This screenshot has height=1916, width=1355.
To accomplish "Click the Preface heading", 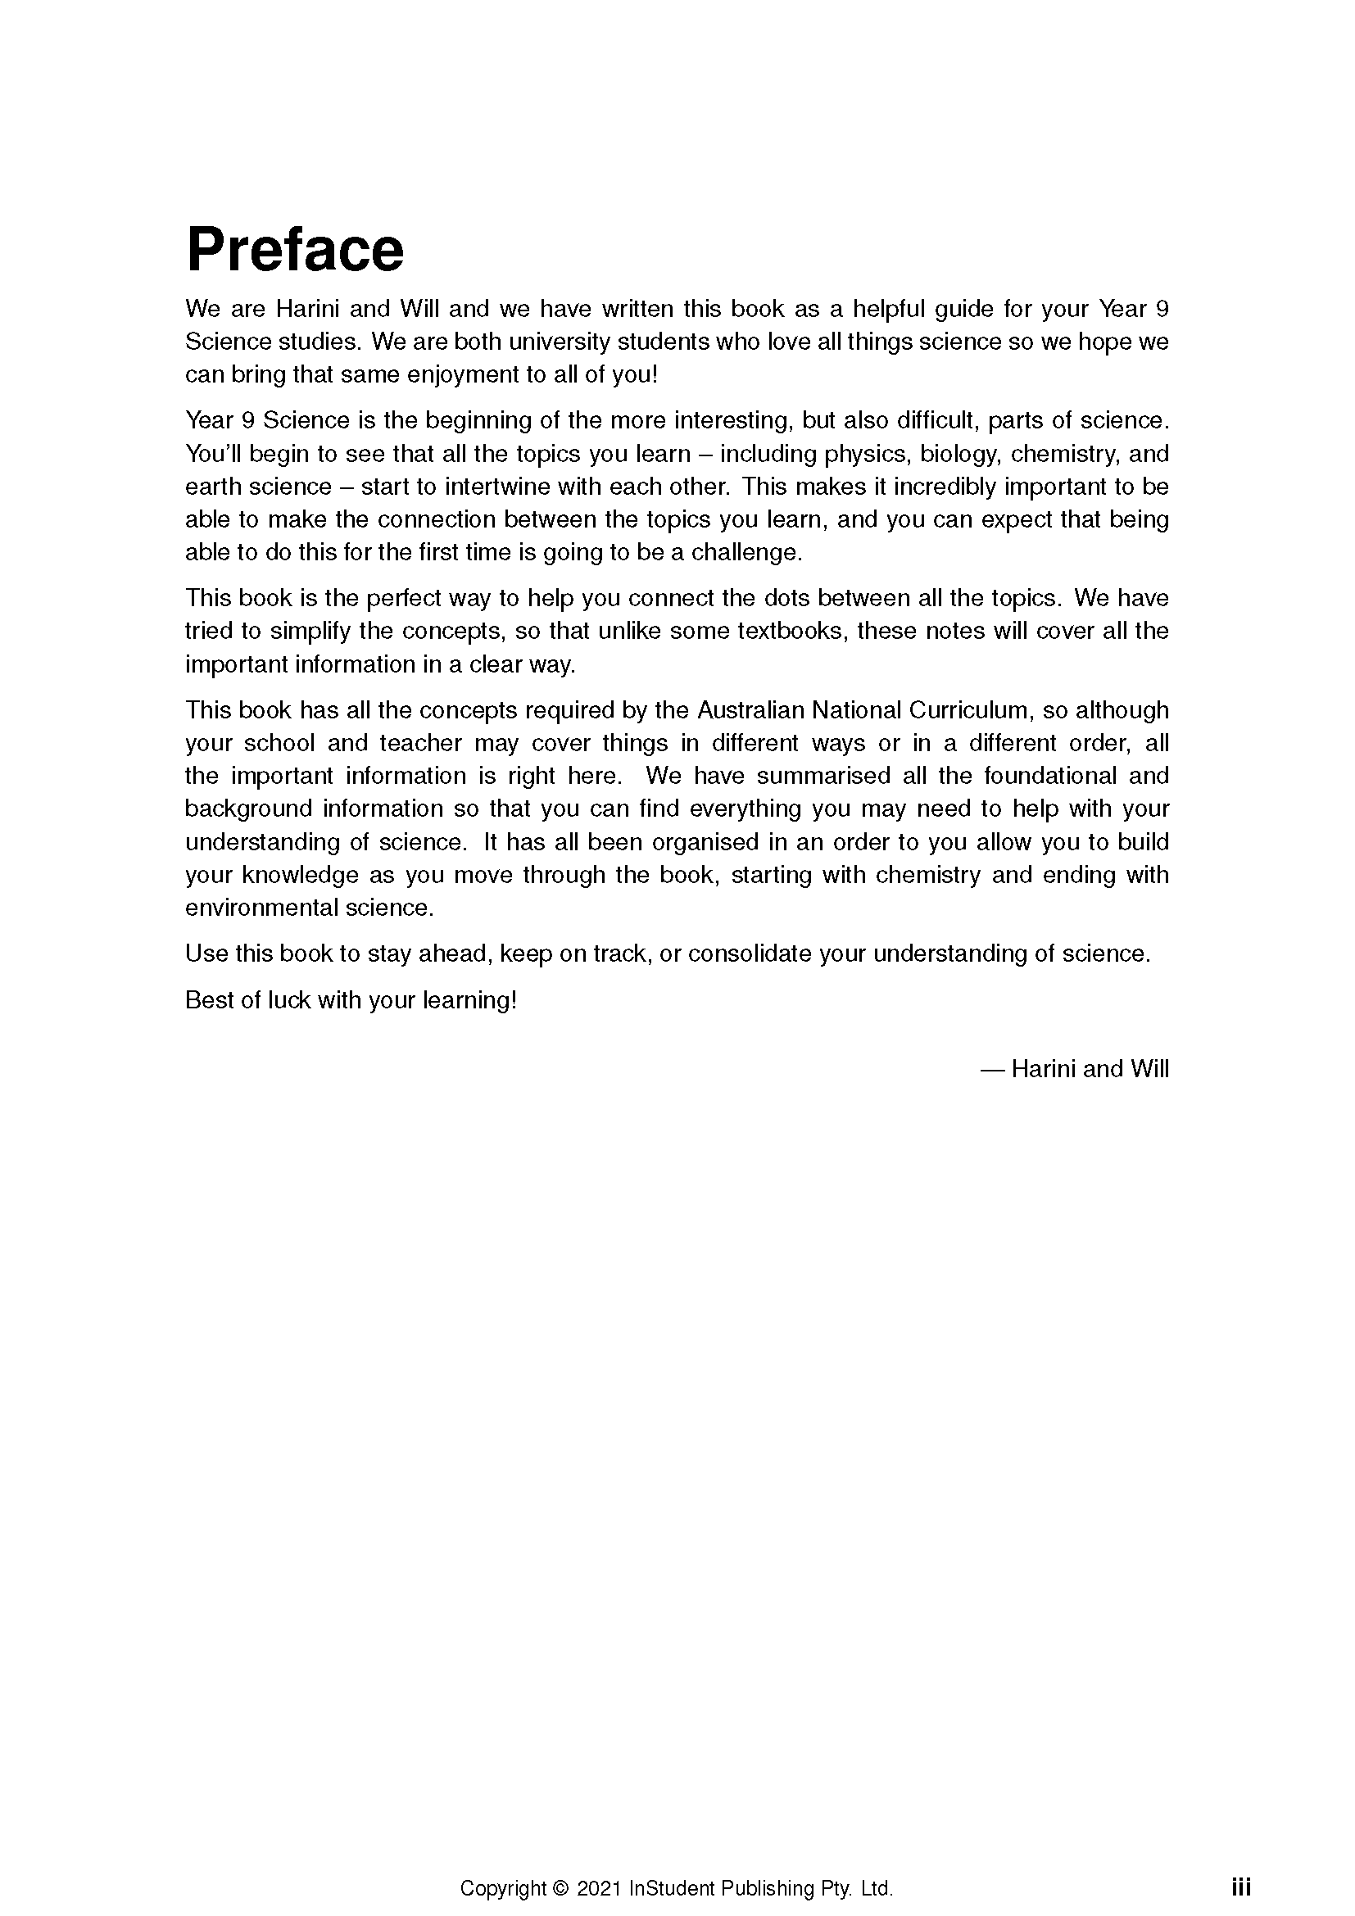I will (295, 250).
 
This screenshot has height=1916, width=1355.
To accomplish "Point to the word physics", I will (868, 454).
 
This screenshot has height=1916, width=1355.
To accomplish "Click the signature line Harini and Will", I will (1089, 1069).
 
